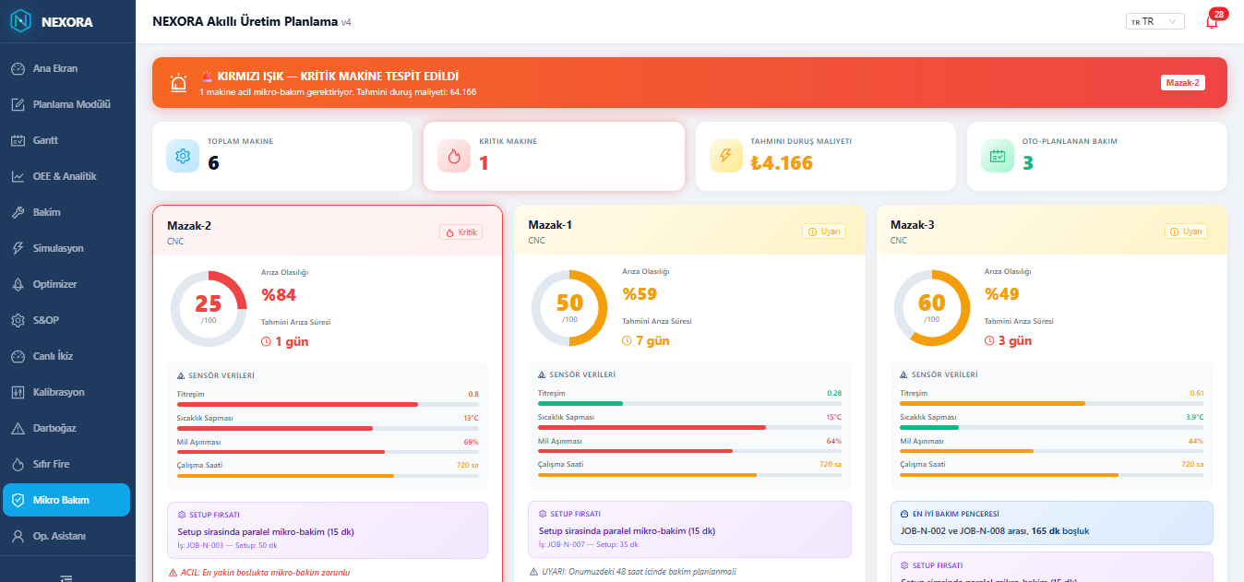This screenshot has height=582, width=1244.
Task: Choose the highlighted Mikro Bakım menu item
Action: [66, 500]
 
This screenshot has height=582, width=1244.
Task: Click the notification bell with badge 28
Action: [1212, 21]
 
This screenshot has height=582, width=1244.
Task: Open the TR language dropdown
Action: [1154, 21]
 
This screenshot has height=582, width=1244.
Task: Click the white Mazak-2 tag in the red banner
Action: [1182, 83]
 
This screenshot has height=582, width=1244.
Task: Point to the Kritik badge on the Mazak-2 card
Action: [461, 232]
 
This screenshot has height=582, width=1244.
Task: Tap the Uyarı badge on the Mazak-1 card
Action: [823, 232]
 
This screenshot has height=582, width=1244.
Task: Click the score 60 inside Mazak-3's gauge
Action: [931, 303]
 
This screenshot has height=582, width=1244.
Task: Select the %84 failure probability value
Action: [279, 294]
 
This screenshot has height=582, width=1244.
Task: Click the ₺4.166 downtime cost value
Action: [782, 162]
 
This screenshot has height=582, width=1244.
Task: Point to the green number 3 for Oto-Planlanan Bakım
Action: [1028, 162]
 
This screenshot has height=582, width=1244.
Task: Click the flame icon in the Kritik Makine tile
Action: [454, 156]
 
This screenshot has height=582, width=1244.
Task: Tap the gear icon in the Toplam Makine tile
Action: [183, 156]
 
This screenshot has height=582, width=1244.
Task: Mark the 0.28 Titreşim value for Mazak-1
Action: [834, 393]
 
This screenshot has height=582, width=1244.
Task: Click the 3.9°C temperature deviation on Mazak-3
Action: [1194, 417]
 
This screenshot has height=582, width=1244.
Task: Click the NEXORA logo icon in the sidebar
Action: [21, 21]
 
